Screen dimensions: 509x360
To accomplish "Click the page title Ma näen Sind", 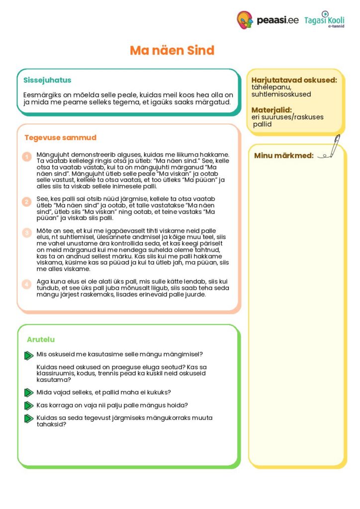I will [x=172, y=50].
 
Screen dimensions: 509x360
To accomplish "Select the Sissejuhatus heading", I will [x=47, y=80].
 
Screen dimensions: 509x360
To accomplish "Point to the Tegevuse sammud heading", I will [x=60, y=138].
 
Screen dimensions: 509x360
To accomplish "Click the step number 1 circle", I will [x=27, y=157].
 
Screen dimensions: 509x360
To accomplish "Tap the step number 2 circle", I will [x=27, y=202].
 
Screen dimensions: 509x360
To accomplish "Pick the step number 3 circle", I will [x=27, y=232].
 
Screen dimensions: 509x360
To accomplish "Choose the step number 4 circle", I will [x=27, y=284].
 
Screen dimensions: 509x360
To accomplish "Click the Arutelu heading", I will [x=41, y=339].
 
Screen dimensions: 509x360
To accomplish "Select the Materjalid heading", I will [x=271, y=110].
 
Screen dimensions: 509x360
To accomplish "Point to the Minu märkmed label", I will [x=284, y=156].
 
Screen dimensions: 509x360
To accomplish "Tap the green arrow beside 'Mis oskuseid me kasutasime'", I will [x=29, y=355].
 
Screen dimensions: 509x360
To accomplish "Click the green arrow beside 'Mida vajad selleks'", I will [x=29, y=392].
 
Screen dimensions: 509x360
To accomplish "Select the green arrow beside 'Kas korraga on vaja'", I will [x=29, y=405].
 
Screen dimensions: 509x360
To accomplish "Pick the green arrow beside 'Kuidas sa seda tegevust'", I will [x=29, y=419].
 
